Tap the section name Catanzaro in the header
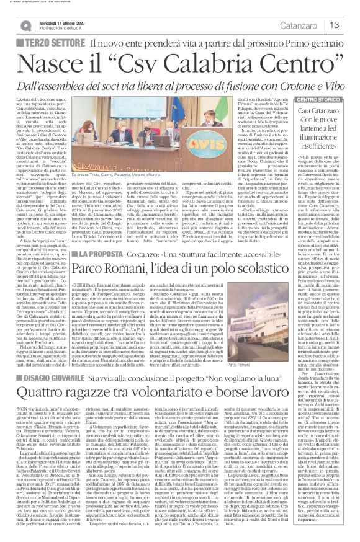tap(302, 25)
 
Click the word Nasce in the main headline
tap(58, 64)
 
